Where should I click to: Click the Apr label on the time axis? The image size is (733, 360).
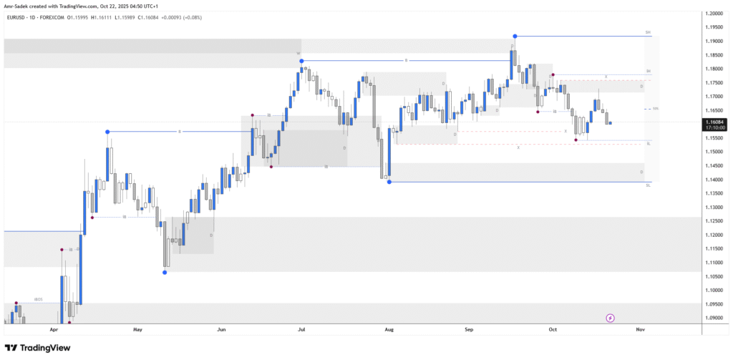tap(54, 330)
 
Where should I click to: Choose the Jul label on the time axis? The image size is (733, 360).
tap(301, 330)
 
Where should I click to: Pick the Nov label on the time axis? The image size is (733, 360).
tap(640, 330)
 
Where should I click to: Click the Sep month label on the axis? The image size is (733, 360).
tap(470, 330)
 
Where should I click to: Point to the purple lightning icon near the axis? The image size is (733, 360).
tap(610, 318)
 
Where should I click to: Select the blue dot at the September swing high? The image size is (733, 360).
tap(515, 36)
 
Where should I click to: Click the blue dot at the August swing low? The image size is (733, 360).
tap(389, 182)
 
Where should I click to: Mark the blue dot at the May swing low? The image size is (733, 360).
tap(165, 272)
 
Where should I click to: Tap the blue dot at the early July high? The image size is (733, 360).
tap(302, 61)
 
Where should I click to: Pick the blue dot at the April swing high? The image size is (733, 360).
tap(107, 132)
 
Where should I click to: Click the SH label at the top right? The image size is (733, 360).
tap(648, 33)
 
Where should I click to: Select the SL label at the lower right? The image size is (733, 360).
tap(648, 185)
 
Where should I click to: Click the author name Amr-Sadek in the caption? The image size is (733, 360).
tap(16, 6)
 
